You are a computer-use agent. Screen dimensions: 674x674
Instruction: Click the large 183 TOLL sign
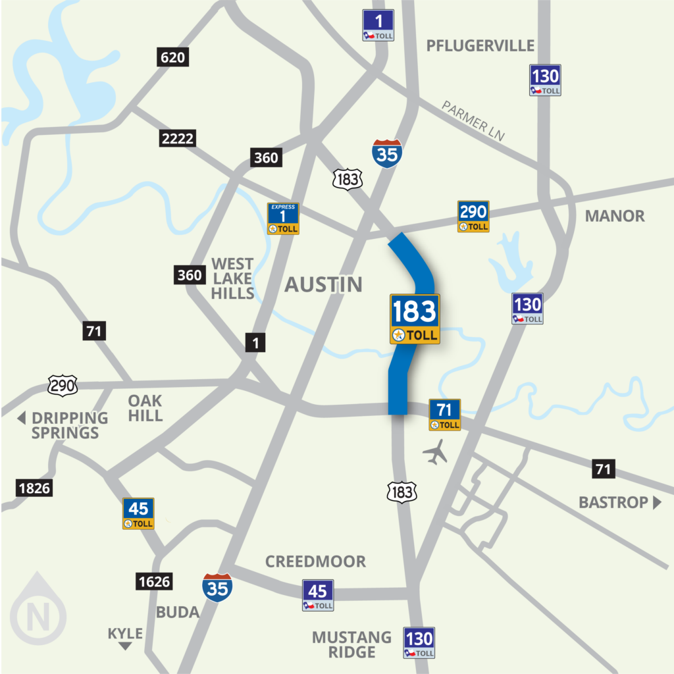pyautogui.click(x=415, y=319)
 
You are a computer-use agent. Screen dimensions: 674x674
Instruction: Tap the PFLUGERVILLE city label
pyautogui.click(x=480, y=45)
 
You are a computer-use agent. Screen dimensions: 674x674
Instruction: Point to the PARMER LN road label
pyautogui.click(x=473, y=120)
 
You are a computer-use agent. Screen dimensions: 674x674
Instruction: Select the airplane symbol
pyautogui.click(x=434, y=452)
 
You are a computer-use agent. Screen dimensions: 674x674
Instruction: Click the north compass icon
pyautogui.click(x=38, y=617)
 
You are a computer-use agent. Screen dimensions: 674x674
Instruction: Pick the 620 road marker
pyautogui.click(x=173, y=57)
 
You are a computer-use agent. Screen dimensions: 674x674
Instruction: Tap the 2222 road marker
pyautogui.click(x=177, y=138)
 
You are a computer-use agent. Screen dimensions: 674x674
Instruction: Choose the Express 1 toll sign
pyautogui.click(x=283, y=219)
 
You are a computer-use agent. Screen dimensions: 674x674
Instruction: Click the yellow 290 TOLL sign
pyautogui.click(x=473, y=217)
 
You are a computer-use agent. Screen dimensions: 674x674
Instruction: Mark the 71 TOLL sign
pyautogui.click(x=444, y=415)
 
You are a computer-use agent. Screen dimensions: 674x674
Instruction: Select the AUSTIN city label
pyautogui.click(x=323, y=284)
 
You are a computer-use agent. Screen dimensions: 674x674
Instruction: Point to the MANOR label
pyautogui.click(x=614, y=216)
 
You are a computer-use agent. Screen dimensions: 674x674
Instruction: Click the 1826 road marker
pyautogui.click(x=34, y=488)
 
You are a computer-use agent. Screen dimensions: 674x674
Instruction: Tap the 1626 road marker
pyautogui.click(x=155, y=581)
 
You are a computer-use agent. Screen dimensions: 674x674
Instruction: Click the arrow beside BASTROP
pyautogui.click(x=656, y=503)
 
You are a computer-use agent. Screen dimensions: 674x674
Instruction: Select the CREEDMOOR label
pyautogui.click(x=315, y=561)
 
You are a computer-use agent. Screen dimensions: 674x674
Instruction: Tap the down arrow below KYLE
pyautogui.click(x=125, y=646)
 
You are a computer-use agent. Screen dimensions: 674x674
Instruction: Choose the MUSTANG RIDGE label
pyautogui.click(x=351, y=644)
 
